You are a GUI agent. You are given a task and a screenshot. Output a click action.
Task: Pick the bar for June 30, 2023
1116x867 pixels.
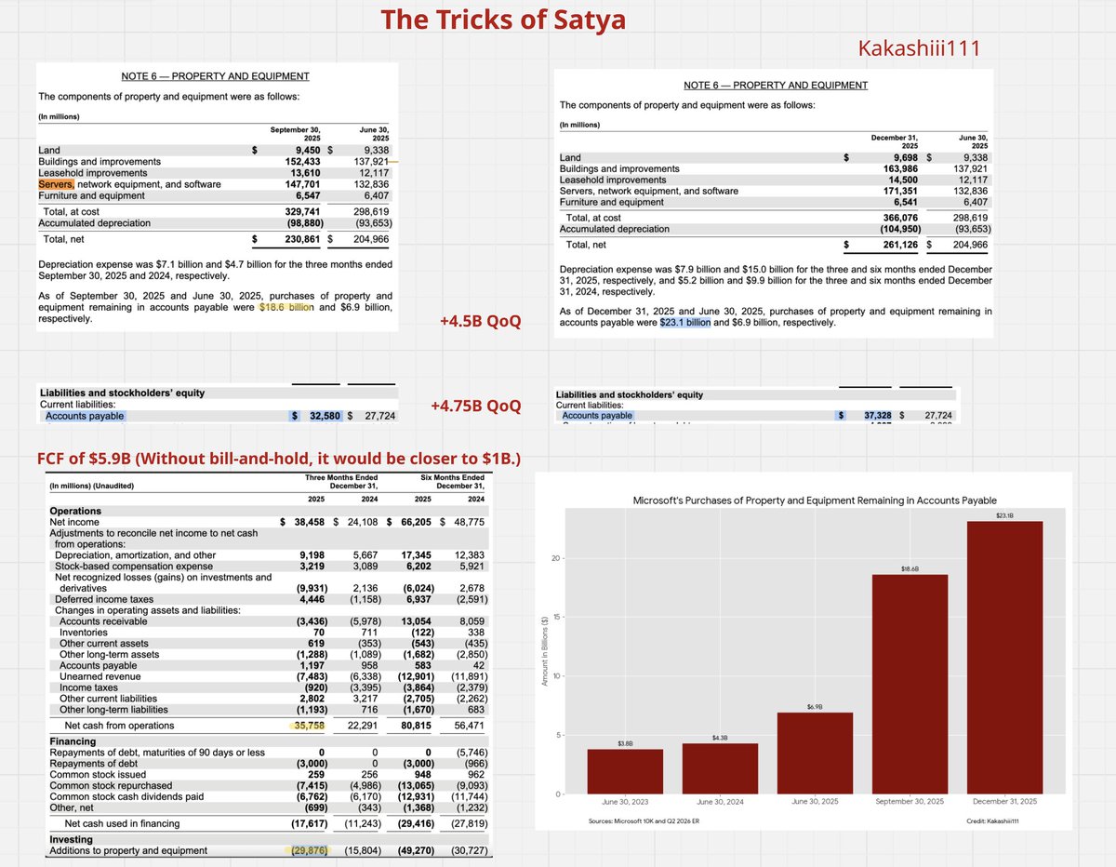coord(625,771)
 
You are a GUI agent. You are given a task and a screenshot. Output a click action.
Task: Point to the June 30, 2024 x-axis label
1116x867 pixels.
coord(719,801)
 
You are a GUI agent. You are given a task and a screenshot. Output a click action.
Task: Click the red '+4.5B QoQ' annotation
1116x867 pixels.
coord(480,322)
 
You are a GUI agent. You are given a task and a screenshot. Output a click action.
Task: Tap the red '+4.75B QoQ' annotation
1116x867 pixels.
coord(475,407)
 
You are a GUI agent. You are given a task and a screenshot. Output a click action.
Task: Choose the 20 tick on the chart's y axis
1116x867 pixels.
coord(554,558)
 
